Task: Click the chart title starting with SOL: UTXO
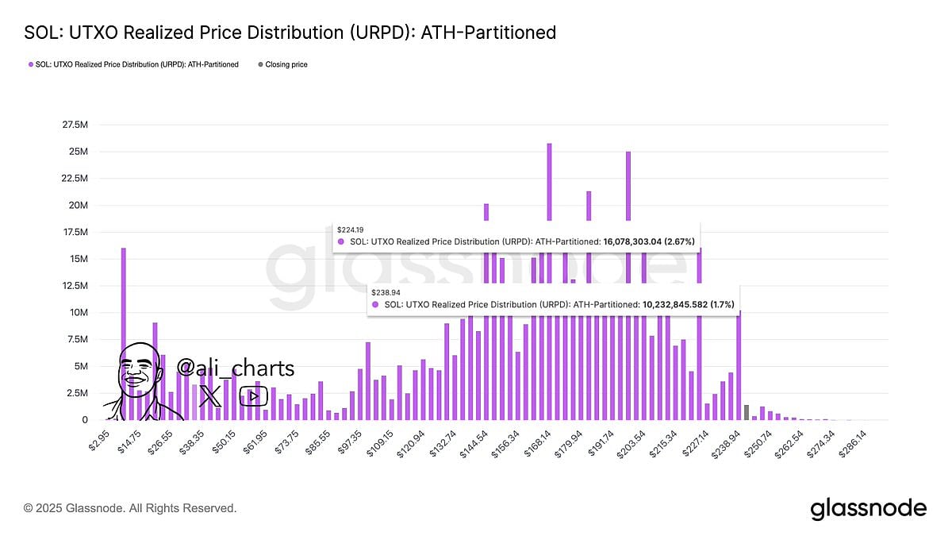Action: point(290,33)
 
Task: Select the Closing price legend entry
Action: point(286,64)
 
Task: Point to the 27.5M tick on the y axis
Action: point(75,125)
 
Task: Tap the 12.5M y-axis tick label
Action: point(75,286)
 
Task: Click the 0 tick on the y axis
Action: point(84,420)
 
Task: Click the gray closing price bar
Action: point(746,412)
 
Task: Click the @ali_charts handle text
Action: point(235,368)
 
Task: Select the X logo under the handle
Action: point(210,395)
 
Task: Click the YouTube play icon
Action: point(253,395)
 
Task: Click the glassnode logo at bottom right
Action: point(868,508)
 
